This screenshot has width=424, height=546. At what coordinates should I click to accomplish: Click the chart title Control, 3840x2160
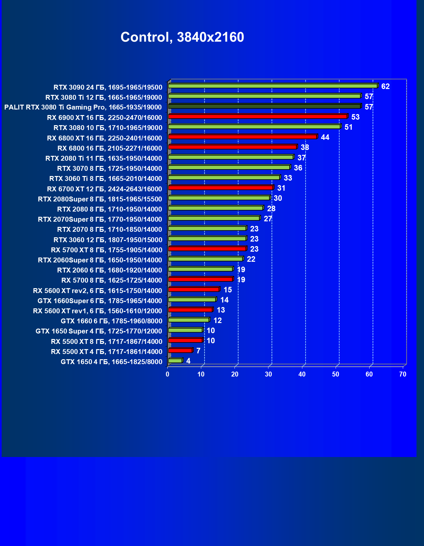(182, 37)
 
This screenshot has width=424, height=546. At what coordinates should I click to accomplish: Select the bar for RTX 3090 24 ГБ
(273, 86)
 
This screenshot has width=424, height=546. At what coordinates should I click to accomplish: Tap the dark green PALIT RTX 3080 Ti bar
(264, 106)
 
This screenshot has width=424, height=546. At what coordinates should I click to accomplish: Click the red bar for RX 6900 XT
(258, 116)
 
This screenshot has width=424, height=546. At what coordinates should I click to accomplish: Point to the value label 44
(325, 137)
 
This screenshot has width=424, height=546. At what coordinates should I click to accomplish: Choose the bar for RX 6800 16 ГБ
(232, 147)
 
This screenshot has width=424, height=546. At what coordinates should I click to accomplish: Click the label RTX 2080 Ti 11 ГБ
(103, 158)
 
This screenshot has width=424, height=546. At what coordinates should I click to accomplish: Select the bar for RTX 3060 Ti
(224, 178)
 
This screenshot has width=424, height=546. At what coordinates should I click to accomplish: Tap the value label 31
(281, 188)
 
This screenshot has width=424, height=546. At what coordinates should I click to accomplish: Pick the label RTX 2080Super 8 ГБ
(100, 199)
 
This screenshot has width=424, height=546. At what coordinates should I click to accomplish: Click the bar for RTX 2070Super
(214, 218)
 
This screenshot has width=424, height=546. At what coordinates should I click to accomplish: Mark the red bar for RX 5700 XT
(207, 249)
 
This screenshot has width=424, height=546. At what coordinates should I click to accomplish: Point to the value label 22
(251, 259)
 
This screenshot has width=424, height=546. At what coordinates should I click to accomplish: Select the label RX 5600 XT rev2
(97, 291)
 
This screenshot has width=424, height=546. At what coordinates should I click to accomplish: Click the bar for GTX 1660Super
(192, 300)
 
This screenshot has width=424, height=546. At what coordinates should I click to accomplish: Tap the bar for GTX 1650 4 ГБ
(175, 361)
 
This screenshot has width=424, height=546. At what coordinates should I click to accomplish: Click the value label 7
(198, 351)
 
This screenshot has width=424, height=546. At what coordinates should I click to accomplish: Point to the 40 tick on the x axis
(302, 374)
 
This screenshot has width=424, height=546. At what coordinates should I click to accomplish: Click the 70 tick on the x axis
(403, 374)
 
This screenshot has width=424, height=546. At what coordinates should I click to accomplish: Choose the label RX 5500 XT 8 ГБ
(106, 342)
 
